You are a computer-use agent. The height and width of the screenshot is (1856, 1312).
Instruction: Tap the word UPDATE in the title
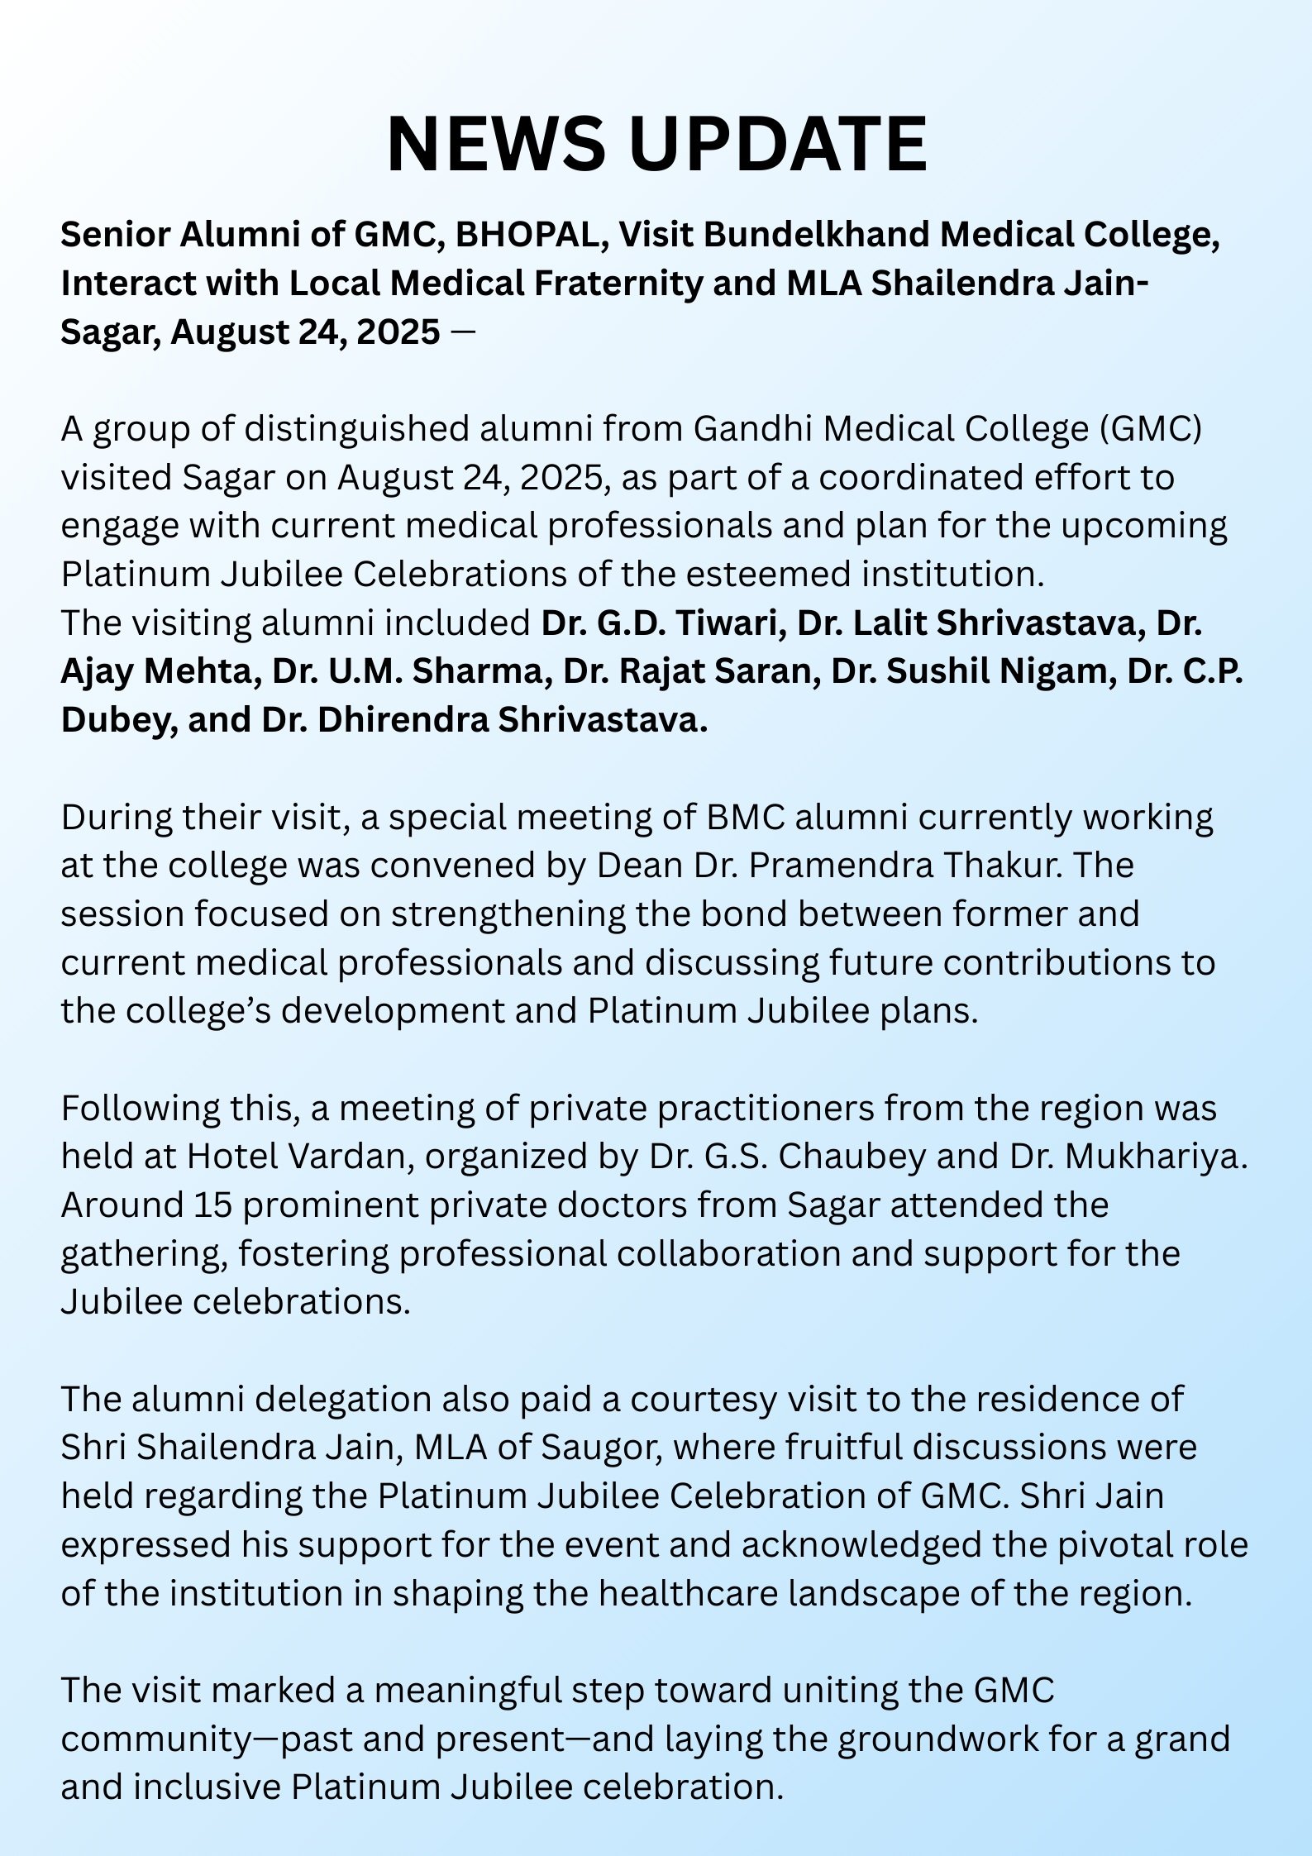pos(778,143)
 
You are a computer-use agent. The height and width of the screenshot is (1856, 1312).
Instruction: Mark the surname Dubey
pos(116,720)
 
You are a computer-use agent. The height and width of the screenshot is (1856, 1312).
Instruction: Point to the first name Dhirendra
pos(403,720)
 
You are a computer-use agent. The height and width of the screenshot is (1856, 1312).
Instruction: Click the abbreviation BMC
pos(745,817)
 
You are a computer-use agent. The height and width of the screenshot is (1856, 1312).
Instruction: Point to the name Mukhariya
pos(1155,1157)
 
